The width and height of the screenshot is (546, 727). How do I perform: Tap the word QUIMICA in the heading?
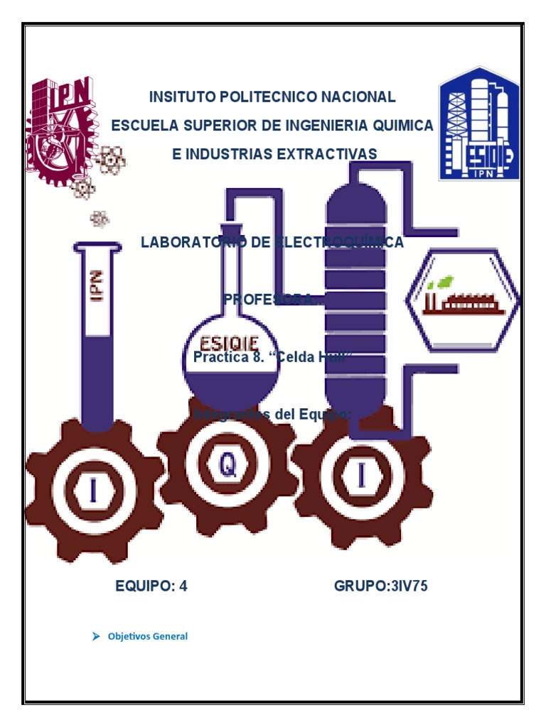click(x=402, y=126)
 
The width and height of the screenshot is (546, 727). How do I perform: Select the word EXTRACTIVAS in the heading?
click(x=328, y=154)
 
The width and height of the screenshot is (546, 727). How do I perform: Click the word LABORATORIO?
click(x=191, y=242)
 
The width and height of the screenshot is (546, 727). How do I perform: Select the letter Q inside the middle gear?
click(x=227, y=466)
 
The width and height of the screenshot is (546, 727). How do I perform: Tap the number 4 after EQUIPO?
click(x=183, y=586)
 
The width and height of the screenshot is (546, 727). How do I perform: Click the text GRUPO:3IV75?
click(x=381, y=586)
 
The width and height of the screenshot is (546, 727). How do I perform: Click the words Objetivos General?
click(x=148, y=636)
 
